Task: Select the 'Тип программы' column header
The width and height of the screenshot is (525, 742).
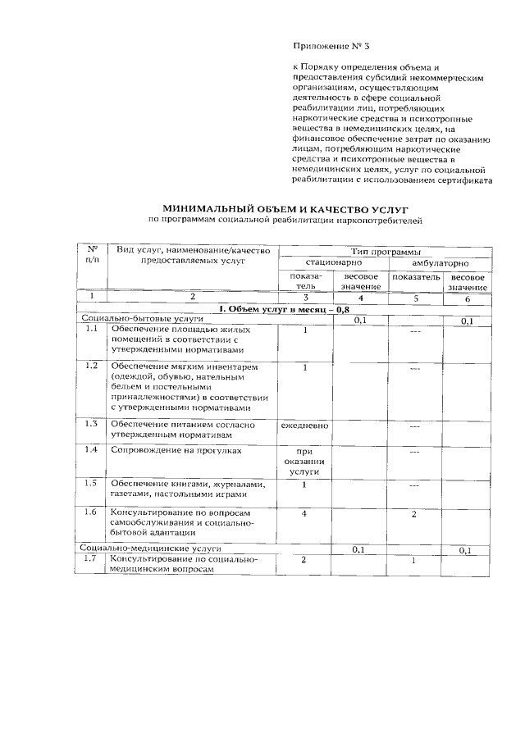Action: pos(384,251)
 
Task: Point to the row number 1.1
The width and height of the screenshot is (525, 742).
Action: pos(93,330)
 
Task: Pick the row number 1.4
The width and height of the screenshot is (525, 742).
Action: pos(93,450)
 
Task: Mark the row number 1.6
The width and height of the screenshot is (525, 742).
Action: pos(93,512)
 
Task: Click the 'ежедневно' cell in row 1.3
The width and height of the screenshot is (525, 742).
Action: pos(304,426)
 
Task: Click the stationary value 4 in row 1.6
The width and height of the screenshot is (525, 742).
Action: pos(304,513)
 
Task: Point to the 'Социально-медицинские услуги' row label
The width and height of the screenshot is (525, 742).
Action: pos(150,548)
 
